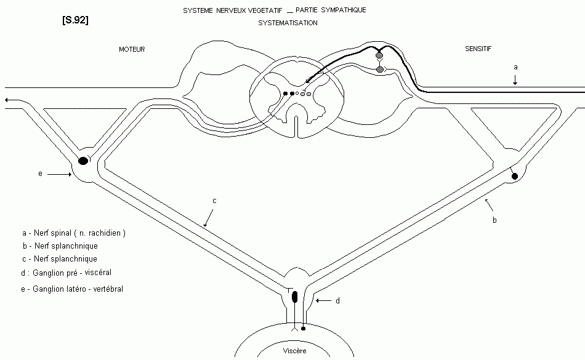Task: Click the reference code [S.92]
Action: click(x=75, y=20)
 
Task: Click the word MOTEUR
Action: click(x=132, y=49)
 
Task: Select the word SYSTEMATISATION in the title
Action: click(x=288, y=23)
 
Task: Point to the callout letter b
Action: click(x=494, y=219)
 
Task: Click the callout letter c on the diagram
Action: click(x=214, y=200)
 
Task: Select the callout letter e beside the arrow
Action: click(x=40, y=174)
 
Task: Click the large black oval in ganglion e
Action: click(x=83, y=161)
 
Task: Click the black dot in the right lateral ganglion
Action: click(x=515, y=177)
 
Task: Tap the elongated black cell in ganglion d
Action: click(x=294, y=297)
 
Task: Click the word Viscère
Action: click(x=294, y=351)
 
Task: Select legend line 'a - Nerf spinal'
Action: click(x=73, y=233)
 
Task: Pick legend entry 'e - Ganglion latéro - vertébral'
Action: click(x=71, y=289)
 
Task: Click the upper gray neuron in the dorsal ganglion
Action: click(x=379, y=56)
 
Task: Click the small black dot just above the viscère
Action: click(x=302, y=328)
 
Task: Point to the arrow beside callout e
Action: click(x=60, y=175)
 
